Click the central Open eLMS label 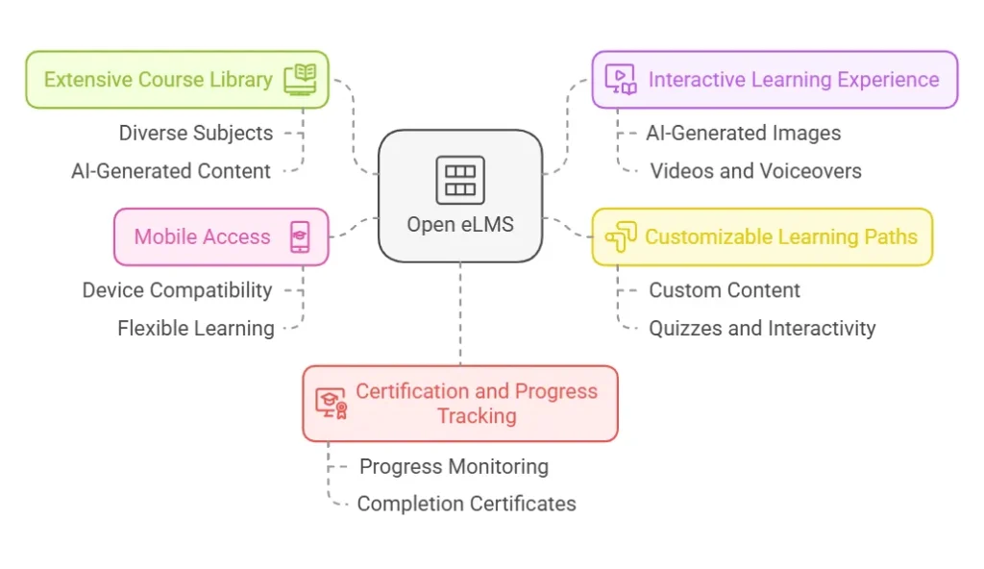point(460,225)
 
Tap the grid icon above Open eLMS point(460,180)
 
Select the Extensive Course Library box point(177,80)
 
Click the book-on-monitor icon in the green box point(300,80)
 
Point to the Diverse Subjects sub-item point(196,133)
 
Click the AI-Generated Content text point(171,171)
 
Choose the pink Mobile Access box point(221,236)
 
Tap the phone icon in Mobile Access point(301,236)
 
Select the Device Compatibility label point(178,290)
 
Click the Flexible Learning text point(196,329)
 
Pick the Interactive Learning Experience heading point(794,80)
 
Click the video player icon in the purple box point(622,80)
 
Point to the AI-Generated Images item point(744,133)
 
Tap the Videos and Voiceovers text point(755,171)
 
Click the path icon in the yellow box point(622,236)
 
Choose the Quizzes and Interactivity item point(762,329)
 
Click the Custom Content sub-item point(725,290)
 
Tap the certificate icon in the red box point(332,404)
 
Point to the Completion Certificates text point(466,504)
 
